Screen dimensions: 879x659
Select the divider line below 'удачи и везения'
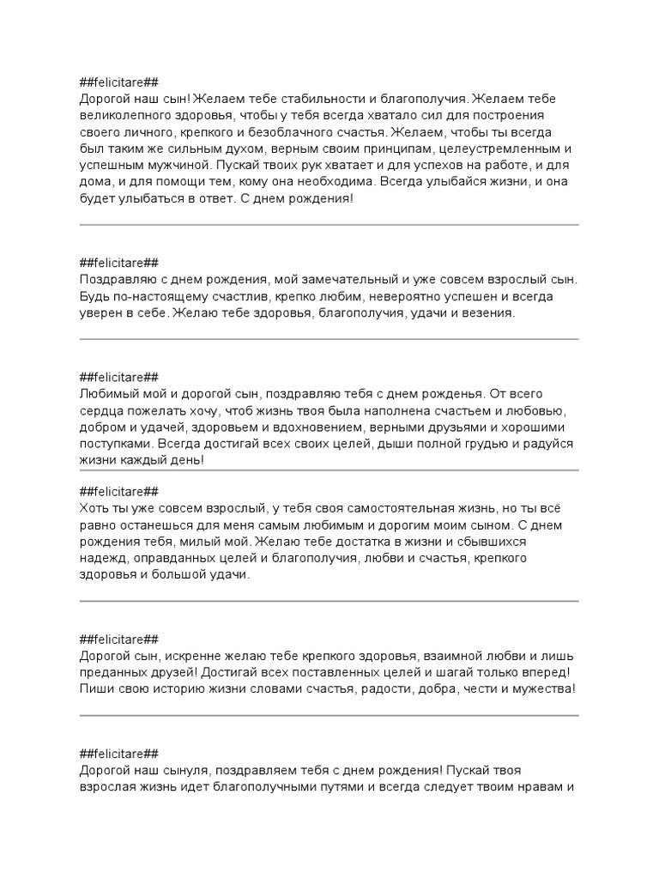pos(329,339)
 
